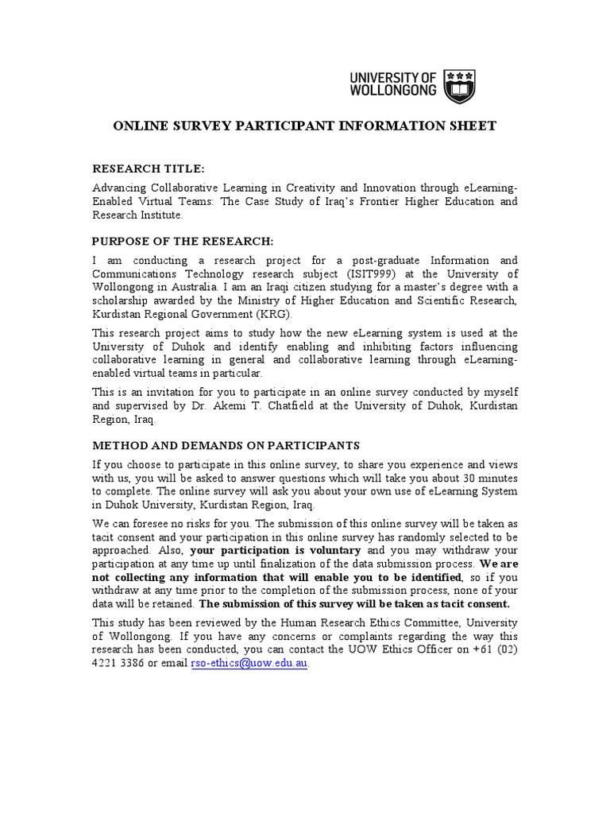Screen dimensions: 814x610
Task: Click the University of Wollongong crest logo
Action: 460,85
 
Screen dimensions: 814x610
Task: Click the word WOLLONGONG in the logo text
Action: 394,91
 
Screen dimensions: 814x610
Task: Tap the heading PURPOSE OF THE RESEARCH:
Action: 183,241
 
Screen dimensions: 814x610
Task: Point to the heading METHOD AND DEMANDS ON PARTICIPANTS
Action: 226,445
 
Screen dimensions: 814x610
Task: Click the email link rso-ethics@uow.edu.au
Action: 248,664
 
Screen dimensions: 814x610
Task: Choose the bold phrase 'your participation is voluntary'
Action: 276,550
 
